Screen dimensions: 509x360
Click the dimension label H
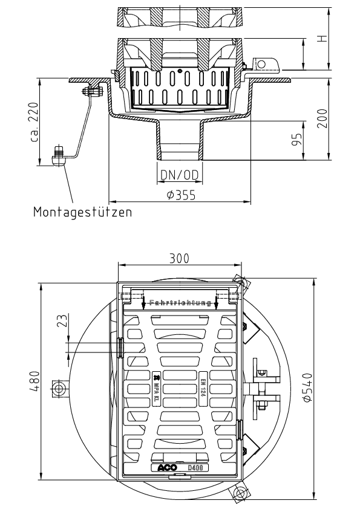coord(324,38)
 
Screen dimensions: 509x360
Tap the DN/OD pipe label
coord(179,175)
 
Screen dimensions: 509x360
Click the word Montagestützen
coord(83,213)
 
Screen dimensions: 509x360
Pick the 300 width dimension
coord(179,258)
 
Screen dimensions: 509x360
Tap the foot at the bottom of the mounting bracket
coord(59,158)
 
